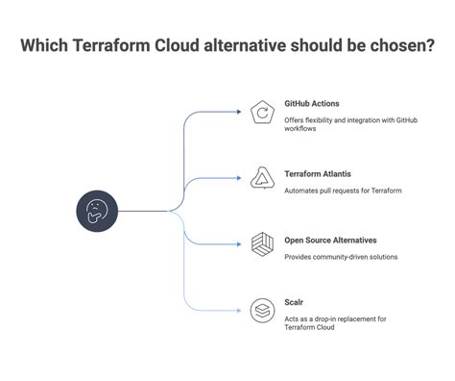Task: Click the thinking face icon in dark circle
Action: coord(97,211)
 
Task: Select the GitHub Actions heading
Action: coord(312,103)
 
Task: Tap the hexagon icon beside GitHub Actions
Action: coord(262,113)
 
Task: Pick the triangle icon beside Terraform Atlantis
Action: coord(262,178)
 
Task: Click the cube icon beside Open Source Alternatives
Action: coord(262,244)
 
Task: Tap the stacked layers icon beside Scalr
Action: coord(262,310)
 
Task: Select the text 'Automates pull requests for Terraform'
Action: coord(343,190)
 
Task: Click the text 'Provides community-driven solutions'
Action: coord(341,257)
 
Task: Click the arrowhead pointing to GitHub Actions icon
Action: coord(239,113)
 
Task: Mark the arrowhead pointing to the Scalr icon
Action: coord(239,310)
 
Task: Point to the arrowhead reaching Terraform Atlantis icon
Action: coord(239,178)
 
